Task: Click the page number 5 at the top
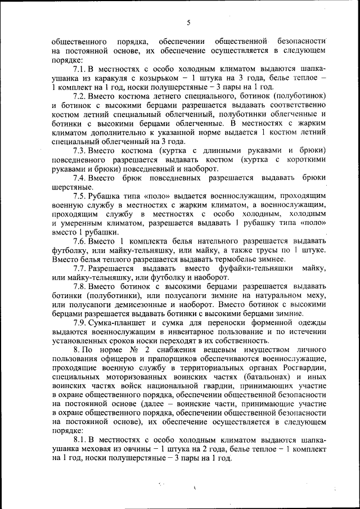188,23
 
